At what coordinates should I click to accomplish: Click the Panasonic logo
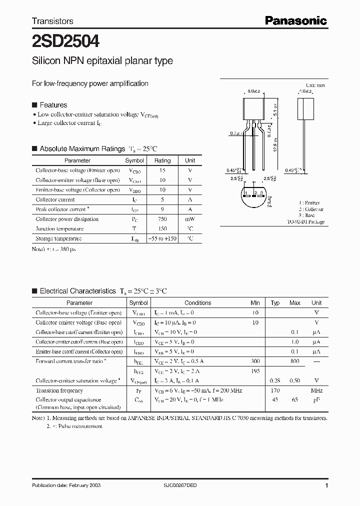coord(295,20)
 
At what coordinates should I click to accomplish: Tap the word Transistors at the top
coord(52,21)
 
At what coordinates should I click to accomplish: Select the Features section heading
coord(53,105)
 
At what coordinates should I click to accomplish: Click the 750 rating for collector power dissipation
coord(162,219)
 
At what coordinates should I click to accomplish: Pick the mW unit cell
coord(190,219)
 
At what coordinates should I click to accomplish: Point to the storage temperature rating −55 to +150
coord(162,238)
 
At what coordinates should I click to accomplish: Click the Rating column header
coord(162,160)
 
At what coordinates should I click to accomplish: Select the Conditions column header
coord(197,302)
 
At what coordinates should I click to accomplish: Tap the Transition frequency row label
coord(59,390)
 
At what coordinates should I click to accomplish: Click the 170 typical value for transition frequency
coord(275,390)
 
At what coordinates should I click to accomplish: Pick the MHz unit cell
coord(316,390)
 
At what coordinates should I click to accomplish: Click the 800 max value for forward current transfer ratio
coord(294,361)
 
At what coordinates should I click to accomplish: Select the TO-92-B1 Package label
coord(305,221)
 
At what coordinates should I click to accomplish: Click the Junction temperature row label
coord(59,229)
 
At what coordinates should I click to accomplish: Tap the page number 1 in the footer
coord(326,485)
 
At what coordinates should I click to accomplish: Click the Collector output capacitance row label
coord(68,399)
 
